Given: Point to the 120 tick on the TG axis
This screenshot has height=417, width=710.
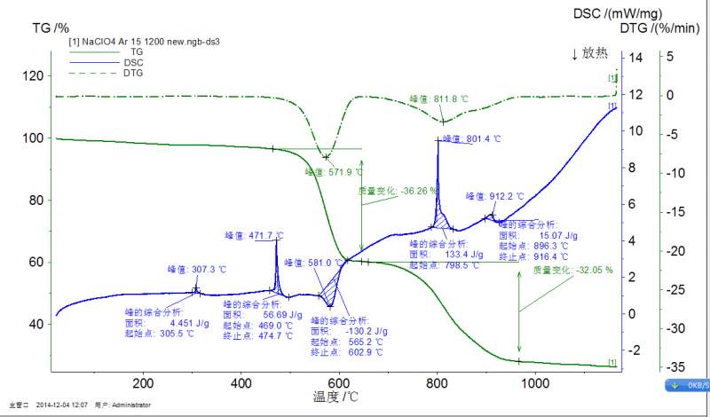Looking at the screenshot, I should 35,76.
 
